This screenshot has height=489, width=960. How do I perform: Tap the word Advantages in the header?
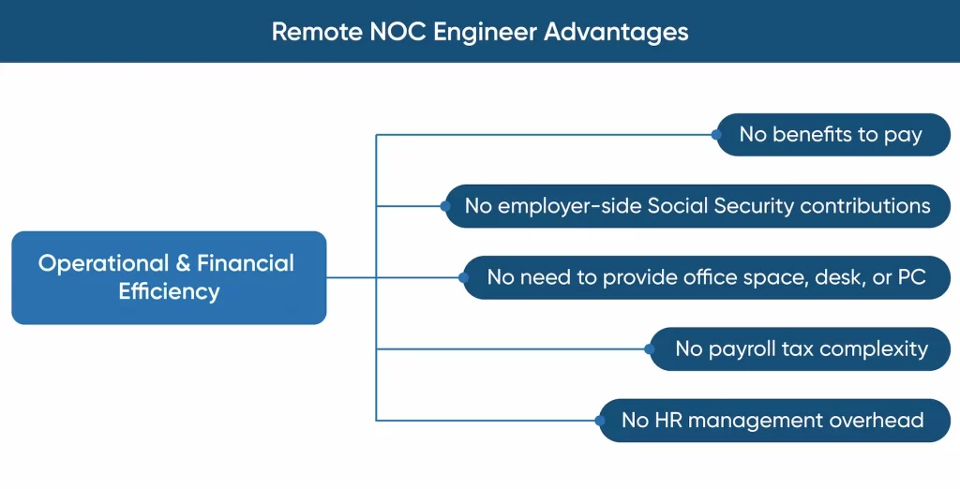click(x=616, y=32)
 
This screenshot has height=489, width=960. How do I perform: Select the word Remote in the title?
click(x=318, y=31)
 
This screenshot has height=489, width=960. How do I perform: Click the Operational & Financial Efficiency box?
click(x=169, y=277)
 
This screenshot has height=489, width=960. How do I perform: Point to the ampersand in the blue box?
click(x=183, y=264)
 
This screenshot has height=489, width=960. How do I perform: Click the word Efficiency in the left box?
click(x=169, y=292)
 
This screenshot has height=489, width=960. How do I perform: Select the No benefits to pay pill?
click(x=833, y=135)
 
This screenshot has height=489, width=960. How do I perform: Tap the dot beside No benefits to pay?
click(x=716, y=135)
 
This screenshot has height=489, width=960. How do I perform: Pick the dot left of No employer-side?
click(x=445, y=206)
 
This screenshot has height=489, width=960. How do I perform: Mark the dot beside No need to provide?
click(x=463, y=277)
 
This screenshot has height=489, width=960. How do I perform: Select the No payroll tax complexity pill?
click(x=801, y=348)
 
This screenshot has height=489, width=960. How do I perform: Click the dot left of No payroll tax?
click(x=649, y=348)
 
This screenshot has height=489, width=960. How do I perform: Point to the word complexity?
click(x=874, y=349)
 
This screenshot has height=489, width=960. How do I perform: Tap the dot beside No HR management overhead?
click(x=600, y=421)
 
